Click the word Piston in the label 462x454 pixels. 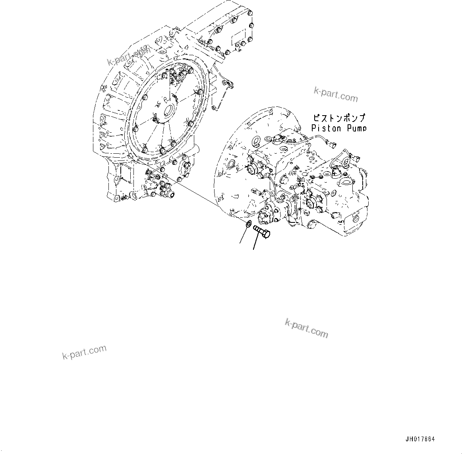pyautogui.click(x=326, y=128)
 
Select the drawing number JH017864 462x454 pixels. pyautogui.click(x=420, y=439)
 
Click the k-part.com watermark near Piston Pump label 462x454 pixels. pyautogui.click(x=336, y=95)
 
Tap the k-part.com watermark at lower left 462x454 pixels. pyautogui.click(x=84, y=352)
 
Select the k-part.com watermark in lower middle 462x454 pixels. pyautogui.click(x=306, y=328)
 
